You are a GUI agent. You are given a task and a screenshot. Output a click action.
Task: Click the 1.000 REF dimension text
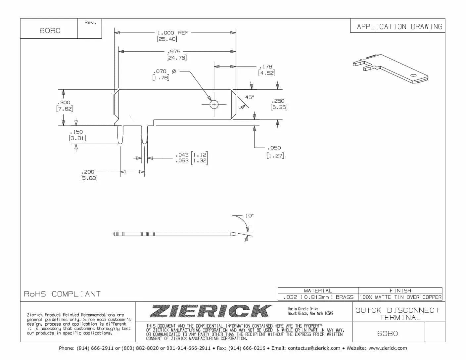point(172,33)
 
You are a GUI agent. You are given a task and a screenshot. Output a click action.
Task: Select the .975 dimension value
point(174,52)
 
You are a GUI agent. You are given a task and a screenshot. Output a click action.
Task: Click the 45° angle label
point(249,97)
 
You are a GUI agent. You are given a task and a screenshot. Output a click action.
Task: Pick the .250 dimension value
point(278,101)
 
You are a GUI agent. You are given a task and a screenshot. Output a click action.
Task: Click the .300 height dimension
point(64,103)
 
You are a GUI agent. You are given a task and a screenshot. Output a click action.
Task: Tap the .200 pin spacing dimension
point(88,172)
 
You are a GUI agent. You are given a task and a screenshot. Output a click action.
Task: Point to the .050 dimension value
point(274,148)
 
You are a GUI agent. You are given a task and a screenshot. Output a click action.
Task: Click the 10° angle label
point(249,216)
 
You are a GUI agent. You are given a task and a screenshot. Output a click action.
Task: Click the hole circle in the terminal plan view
point(214,105)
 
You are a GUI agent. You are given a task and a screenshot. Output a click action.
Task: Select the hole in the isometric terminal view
point(413,75)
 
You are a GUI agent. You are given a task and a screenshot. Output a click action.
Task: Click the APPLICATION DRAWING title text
point(399,26)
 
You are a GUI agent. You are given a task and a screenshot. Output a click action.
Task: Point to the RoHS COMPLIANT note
point(62,294)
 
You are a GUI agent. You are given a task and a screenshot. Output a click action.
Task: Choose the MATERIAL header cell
point(318,291)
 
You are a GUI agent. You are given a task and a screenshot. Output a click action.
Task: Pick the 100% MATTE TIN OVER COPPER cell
point(400,297)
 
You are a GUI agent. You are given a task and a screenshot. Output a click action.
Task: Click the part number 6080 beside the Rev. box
point(50,30)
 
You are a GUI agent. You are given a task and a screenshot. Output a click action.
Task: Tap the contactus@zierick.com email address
point(314,348)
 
